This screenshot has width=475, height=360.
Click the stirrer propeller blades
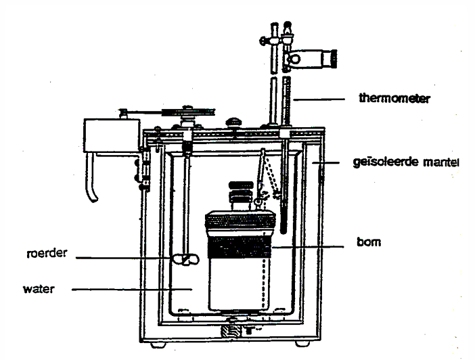point(183,259)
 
